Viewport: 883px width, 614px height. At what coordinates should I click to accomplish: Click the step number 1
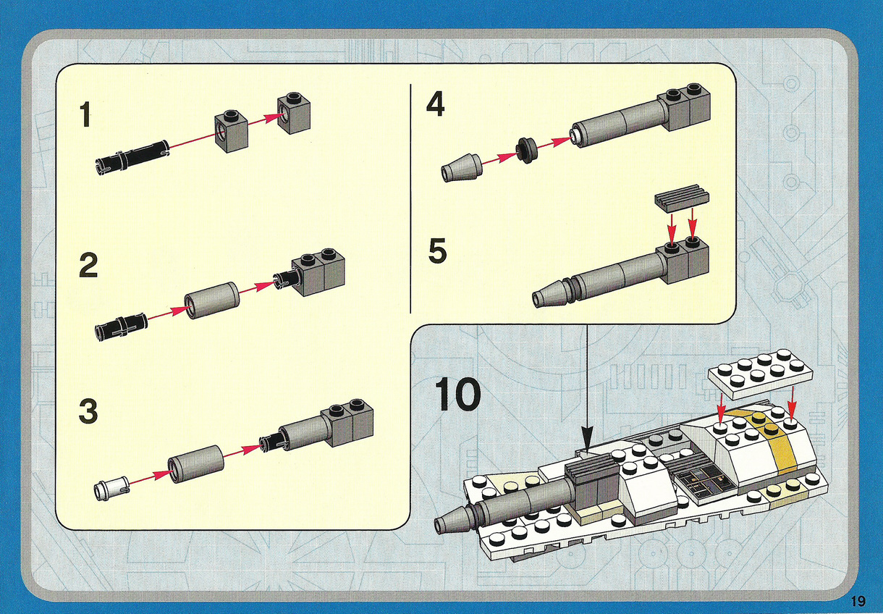[x=85, y=114]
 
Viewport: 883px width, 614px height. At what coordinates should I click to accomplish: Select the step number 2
[x=88, y=266]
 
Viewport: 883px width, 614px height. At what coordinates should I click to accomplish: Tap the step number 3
[x=88, y=411]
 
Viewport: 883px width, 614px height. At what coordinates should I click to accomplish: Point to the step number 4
[x=436, y=104]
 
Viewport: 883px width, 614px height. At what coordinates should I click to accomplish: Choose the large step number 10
[x=457, y=395]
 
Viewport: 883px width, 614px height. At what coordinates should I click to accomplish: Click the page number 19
[x=858, y=601]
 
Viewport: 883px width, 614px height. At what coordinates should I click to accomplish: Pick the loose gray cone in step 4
[x=461, y=167]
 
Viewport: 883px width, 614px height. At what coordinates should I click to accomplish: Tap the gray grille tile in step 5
[x=682, y=198]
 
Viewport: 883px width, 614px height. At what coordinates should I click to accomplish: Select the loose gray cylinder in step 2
[x=212, y=300]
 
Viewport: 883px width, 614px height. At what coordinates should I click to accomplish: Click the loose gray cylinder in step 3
[x=195, y=463]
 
